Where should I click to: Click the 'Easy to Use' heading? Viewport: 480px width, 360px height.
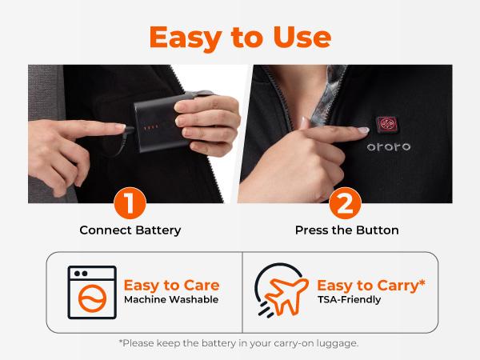coord(240,38)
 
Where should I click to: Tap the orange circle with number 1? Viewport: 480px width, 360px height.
coord(130,203)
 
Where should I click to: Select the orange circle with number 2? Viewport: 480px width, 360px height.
coord(345,203)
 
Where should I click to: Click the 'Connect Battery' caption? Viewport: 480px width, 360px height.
coord(130,230)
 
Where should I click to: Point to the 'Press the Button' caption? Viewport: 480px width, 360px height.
coord(347,230)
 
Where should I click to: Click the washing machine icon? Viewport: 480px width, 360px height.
coord(92,292)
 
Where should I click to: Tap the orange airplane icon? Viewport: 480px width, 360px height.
coord(286,296)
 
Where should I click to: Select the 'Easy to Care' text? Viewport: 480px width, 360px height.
coord(171,286)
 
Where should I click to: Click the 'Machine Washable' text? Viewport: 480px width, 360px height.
coord(171,299)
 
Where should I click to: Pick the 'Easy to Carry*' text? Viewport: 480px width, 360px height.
coord(371,286)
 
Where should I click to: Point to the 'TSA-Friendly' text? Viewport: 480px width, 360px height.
coord(349,300)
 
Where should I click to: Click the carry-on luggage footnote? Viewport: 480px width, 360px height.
coord(238,343)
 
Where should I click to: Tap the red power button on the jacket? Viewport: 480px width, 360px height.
coord(387,124)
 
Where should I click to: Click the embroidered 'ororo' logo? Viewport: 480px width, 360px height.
coord(389,147)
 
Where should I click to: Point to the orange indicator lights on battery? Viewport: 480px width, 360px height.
coord(151,126)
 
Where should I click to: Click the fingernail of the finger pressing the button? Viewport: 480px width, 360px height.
coord(363,130)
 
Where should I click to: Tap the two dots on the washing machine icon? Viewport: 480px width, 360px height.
coord(81,274)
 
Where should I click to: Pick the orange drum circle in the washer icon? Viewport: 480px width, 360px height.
coord(92,298)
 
